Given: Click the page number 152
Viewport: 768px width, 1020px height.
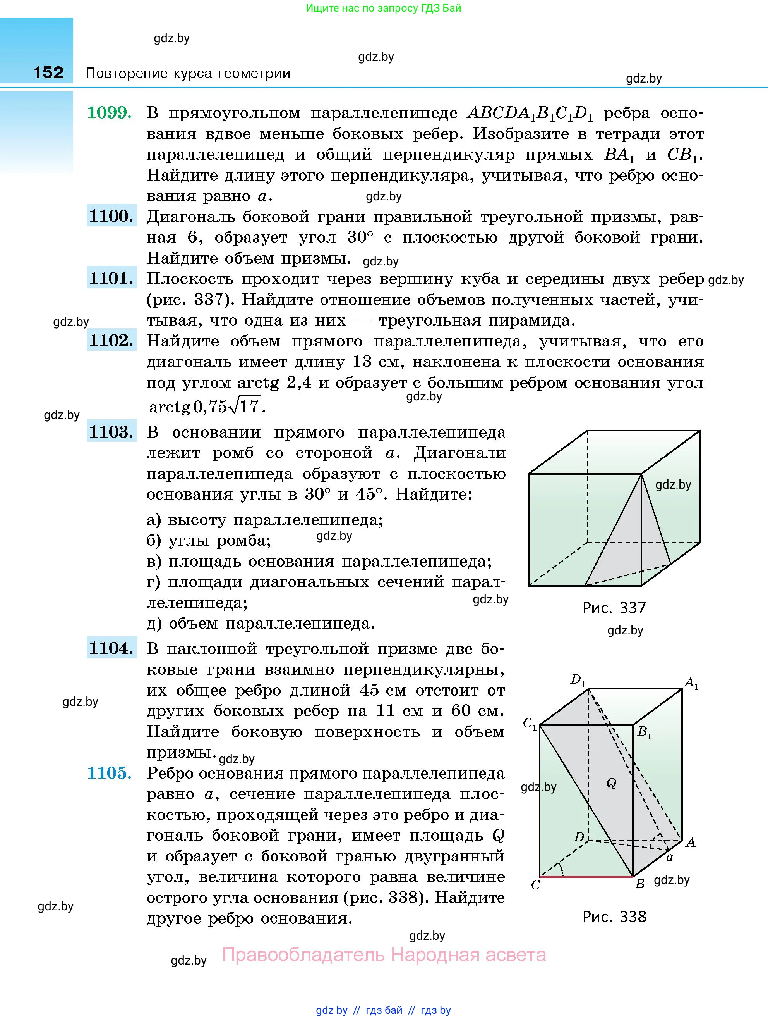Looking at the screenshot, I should pos(48,72).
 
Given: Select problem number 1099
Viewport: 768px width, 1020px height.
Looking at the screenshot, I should pos(109,112).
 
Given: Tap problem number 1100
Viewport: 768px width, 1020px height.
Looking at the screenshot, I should pos(111,216).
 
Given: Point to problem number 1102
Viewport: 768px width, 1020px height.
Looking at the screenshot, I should pos(111,340).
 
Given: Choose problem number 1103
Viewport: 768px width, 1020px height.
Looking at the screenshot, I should pos(111,432).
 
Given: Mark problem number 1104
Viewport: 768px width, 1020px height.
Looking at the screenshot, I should pos(111,648).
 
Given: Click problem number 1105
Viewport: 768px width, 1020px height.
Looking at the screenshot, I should pos(109,773).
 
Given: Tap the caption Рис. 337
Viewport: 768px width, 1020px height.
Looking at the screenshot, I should pos(614,608).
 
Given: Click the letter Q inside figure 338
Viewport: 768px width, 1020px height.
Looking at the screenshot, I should pos(611,783).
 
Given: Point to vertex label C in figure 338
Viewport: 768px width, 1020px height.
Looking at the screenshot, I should pos(535,885).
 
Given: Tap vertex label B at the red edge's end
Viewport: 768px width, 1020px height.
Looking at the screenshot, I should pos(639,884).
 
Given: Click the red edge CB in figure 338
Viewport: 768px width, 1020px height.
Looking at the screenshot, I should pos(586,876).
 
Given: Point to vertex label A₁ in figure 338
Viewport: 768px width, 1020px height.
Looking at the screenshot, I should pos(691,682).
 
